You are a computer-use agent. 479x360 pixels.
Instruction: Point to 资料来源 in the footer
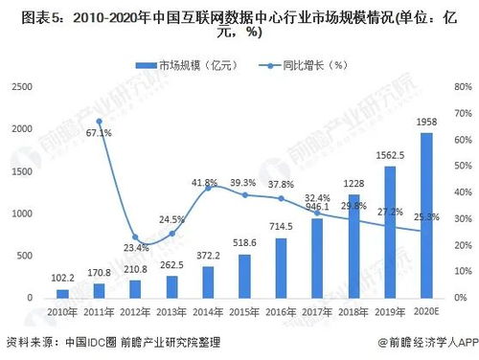pos(27,342)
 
